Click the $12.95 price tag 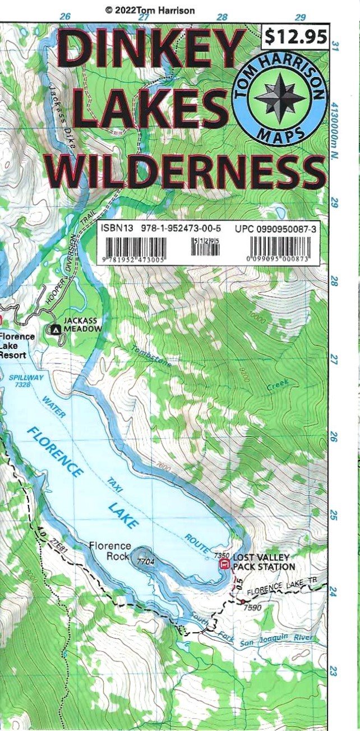[x=296, y=37]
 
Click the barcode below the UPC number [x=283, y=248]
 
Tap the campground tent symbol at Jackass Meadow [x=56, y=330]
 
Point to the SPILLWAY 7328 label [x=26, y=381]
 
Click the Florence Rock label [x=110, y=550]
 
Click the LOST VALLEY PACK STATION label [x=264, y=562]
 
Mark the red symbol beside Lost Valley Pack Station [x=224, y=563]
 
